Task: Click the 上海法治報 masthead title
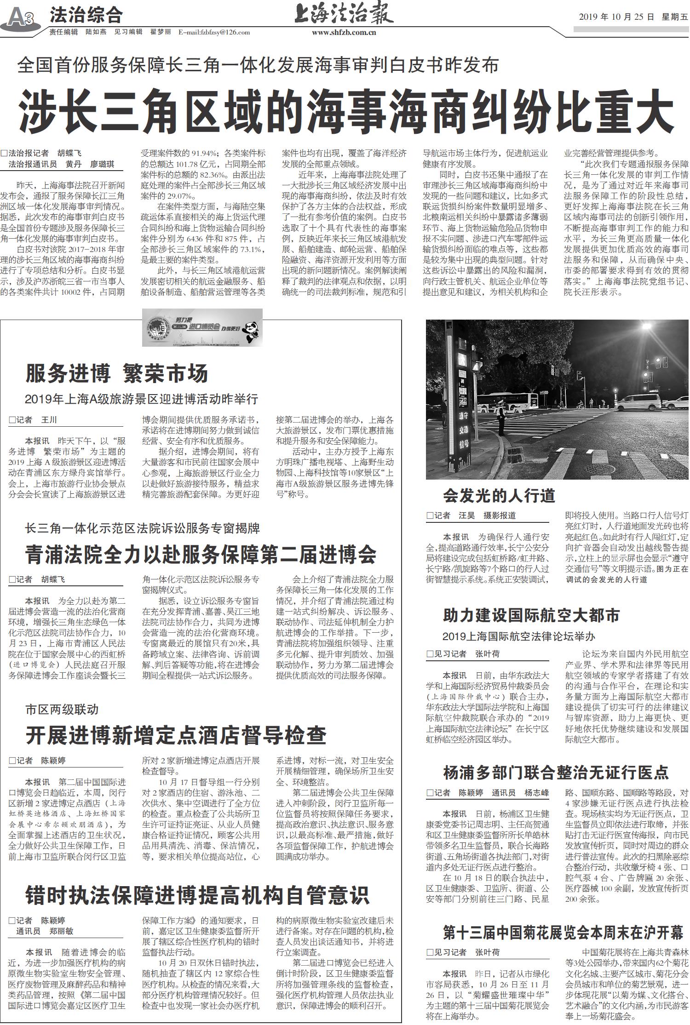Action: [344, 14]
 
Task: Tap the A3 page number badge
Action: [21, 18]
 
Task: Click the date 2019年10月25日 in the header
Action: [616, 17]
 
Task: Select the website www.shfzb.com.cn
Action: [344, 33]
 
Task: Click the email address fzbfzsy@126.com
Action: [214, 32]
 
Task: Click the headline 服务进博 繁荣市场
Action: [117, 373]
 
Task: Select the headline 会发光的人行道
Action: [499, 495]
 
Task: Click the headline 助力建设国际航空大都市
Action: [531, 615]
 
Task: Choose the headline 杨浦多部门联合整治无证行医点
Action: [556, 772]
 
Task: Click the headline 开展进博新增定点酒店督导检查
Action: [176, 735]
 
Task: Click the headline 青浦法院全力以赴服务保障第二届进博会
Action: [201, 554]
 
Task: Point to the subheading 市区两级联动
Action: [62, 710]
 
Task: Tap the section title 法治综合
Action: [86, 16]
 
